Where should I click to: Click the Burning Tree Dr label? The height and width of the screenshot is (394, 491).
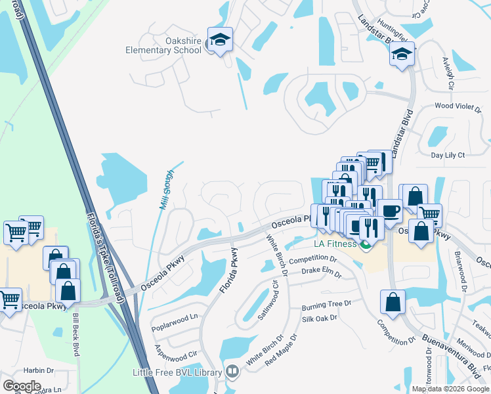tap(327, 305)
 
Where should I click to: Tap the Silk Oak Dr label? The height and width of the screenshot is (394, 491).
tap(319, 318)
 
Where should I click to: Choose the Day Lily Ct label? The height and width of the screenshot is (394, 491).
tap(447, 155)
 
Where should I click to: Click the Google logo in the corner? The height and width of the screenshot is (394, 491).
tap(22, 385)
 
